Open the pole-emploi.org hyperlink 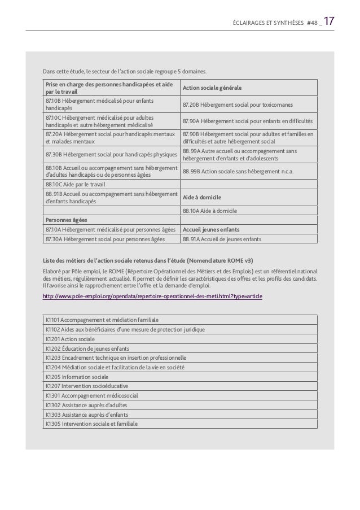pos(152,296)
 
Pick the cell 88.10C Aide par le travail pos(71,184)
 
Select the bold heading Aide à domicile pos(201,197)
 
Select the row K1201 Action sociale pos(70,339)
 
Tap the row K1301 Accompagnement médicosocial pos(91,395)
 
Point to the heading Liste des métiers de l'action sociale pos(148,260)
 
